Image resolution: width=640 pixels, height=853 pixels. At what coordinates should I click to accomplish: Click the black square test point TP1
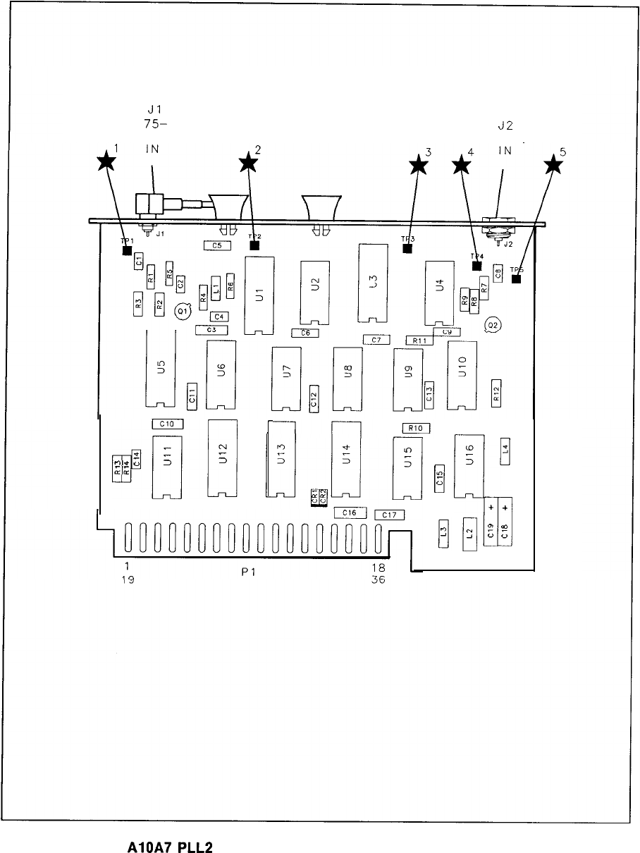(x=127, y=250)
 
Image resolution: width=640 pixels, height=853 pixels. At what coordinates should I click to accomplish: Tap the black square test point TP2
(x=254, y=246)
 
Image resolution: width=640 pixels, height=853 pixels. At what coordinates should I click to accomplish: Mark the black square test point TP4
(x=477, y=266)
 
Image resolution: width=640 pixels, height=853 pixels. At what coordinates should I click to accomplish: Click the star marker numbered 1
(x=106, y=162)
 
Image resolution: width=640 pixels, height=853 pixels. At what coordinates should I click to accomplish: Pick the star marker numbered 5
(x=555, y=165)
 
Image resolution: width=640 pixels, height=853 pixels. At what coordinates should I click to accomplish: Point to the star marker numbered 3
(x=419, y=165)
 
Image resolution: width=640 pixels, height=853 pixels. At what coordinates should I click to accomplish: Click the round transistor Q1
(x=181, y=309)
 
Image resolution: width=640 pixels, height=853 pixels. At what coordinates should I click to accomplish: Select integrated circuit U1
(x=259, y=296)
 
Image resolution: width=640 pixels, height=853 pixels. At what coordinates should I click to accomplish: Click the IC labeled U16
(x=469, y=465)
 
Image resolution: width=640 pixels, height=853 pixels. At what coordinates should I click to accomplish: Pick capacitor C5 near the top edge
(x=217, y=245)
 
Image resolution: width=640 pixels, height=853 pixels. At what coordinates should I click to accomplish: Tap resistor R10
(x=416, y=428)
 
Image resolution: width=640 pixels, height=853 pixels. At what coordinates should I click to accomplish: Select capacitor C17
(x=389, y=515)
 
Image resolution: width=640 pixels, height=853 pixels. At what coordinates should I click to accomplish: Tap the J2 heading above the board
(x=505, y=126)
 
